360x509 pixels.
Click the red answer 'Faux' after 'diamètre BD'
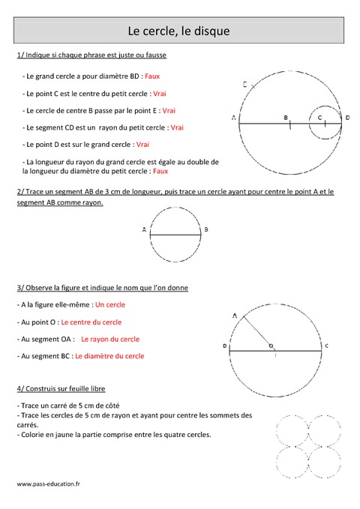pyautogui.click(x=152, y=76)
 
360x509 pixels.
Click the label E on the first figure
pyautogui.click(x=245, y=85)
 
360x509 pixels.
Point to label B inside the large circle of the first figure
pyautogui.click(x=286, y=118)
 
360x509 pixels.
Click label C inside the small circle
pyautogui.click(x=319, y=118)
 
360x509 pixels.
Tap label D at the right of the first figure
pyautogui.click(x=347, y=118)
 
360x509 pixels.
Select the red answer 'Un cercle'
pyautogui.click(x=110, y=305)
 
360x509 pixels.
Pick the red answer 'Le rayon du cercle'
pyautogui.click(x=110, y=340)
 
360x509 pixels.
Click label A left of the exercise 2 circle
pyautogui.click(x=142, y=229)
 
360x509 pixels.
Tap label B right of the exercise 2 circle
pyautogui.click(x=206, y=229)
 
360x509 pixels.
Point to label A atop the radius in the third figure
pyautogui.click(x=235, y=316)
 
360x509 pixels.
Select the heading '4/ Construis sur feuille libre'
pyautogui.click(x=61, y=389)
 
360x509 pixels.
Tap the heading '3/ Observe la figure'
pyautogui.click(x=102, y=288)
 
